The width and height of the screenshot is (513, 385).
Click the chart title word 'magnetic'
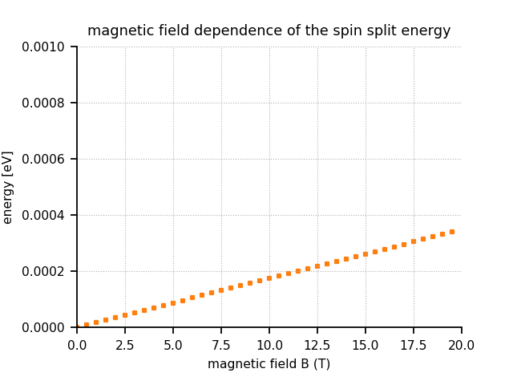(114, 31)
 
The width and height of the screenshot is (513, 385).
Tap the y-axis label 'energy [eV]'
(8, 187)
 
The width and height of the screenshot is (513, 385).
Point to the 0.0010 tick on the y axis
(44, 47)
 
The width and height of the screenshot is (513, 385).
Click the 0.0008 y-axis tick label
(44, 103)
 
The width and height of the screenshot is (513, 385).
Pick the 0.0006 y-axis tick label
(44, 159)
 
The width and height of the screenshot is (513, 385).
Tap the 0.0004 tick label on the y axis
(44, 215)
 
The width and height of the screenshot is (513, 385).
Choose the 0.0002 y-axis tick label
(44, 271)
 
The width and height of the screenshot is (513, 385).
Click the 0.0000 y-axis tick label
(44, 327)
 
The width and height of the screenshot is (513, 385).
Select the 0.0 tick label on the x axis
(77, 344)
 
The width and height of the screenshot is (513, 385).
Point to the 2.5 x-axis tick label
(125, 344)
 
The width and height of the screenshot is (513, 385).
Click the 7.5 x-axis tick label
(221, 344)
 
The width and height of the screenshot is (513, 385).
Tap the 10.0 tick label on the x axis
(269, 344)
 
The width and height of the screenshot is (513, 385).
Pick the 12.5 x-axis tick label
(317, 344)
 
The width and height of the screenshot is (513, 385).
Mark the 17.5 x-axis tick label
(414, 344)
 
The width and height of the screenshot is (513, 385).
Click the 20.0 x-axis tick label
(462, 344)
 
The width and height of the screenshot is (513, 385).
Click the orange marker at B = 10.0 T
(269, 278)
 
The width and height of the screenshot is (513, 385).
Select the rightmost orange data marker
(452, 232)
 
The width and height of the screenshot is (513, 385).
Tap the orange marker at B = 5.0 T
(173, 303)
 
